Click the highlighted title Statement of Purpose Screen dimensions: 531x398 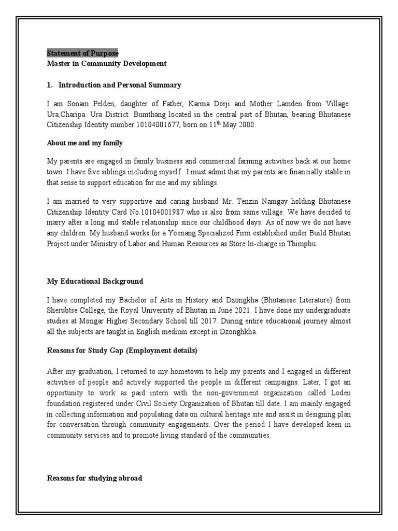click(82, 53)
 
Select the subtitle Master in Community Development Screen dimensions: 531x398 click(107, 64)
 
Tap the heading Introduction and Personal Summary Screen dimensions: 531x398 click(120, 85)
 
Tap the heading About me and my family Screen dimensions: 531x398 click(84, 143)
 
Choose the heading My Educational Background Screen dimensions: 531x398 click(95, 281)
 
